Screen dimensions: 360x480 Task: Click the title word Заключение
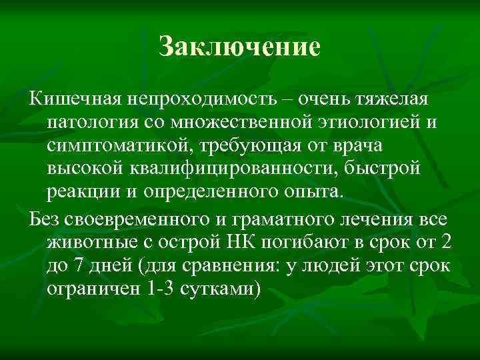pyautogui.click(x=240, y=47)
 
